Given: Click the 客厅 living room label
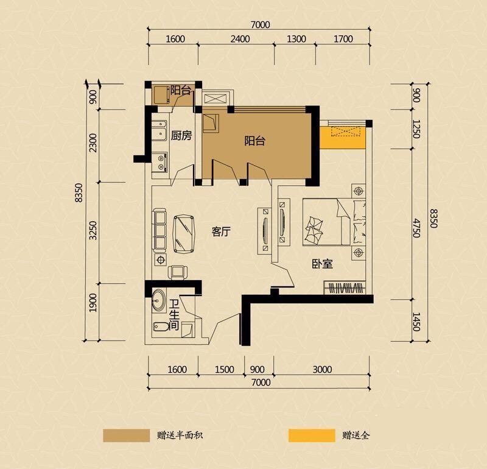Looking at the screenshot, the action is click(x=221, y=231).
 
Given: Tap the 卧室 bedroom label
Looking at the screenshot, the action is click(x=323, y=264).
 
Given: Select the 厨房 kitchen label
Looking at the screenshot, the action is click(x=181, y=135).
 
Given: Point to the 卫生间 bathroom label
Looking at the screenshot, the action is click(x=175, y=315).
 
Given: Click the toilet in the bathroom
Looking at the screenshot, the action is click(x=160, y=326).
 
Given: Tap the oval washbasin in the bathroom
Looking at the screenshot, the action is click(x=159, y=300).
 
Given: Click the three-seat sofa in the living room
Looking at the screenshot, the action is click(x=159, y=231).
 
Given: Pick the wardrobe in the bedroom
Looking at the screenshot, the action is click(x=345, y=288).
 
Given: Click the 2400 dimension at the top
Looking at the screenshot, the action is click(x=240, y=39).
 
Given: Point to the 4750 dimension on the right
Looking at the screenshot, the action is click(x=416, y=228).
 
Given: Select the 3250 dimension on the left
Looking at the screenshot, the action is click(x=93, y=231).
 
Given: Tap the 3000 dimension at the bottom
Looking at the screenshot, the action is click(x=322, y=370).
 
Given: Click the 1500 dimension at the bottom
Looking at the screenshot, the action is click(x=224, y=370).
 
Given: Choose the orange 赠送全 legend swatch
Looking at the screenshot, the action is click(x=312, y=435).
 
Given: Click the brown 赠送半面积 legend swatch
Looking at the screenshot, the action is click(x=127, y=435).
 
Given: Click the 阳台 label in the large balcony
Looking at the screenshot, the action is click(x=254, y=141).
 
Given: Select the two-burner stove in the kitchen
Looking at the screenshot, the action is click(x=160, y=162).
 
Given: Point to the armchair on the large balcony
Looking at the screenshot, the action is click(x=211, y=124).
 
